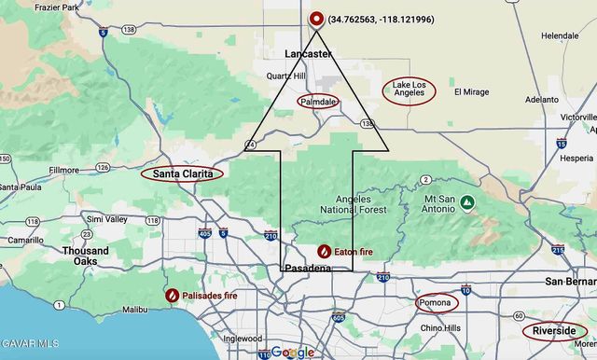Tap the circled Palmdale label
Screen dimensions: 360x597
[317, 101]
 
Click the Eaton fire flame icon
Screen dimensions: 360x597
[324, 251]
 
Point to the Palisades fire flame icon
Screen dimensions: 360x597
[173, 296]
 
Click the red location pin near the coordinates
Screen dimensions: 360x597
[316, 18]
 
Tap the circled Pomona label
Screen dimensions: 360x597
[435, 303]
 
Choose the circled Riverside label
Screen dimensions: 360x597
[554, 331]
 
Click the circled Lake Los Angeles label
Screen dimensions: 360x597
[409, 91]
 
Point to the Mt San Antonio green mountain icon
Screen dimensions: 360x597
[465, 201]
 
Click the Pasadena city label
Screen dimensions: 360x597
[308, 269]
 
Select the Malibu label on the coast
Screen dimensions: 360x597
[135, 308]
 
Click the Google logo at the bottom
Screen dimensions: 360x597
[293, 352]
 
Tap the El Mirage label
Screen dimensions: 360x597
[471, 91]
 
